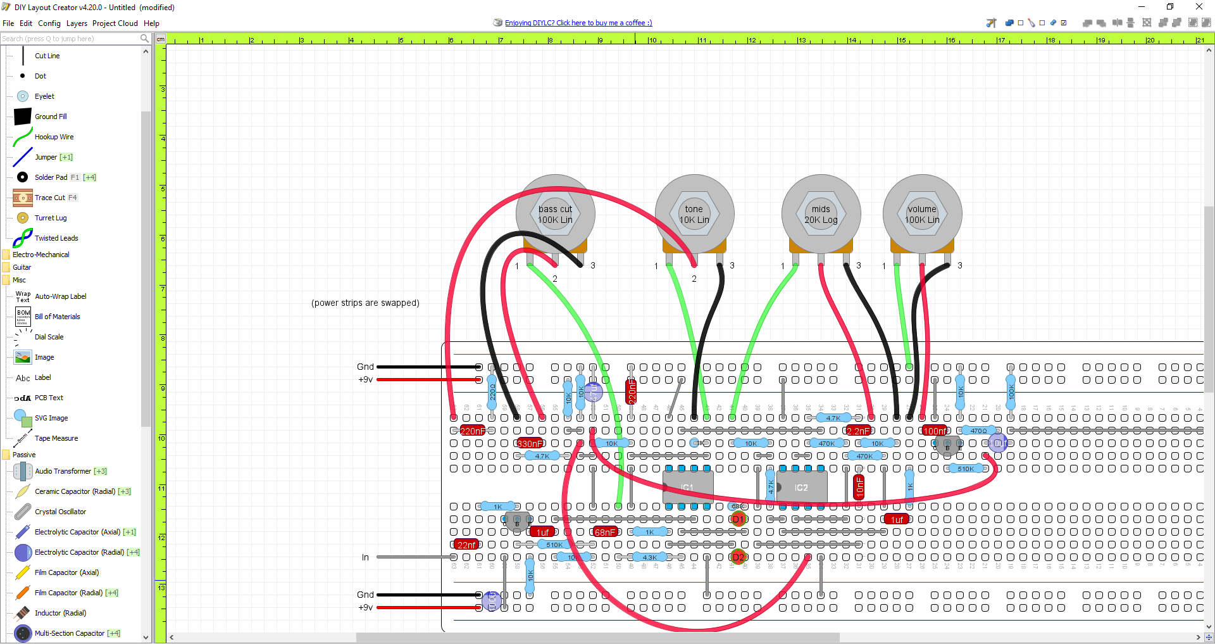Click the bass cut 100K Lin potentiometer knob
[555, 214]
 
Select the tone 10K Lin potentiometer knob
[694, 214]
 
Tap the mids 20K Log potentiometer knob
[821, 214]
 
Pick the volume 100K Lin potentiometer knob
[922, 214]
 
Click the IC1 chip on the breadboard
[688, 488]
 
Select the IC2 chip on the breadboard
[801, 488]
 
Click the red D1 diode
[738, 519]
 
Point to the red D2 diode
[738, 557]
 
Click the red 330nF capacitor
[530, 443]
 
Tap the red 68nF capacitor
[605, 532]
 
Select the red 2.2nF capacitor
[858, 431]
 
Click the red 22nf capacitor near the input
[466, 545]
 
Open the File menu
[8, 23]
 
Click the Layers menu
[77, 23]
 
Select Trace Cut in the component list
[49, 198]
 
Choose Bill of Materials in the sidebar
[57, 317]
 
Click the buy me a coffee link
[578, 23]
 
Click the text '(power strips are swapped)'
[365, 303]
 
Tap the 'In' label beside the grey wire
[365, 557]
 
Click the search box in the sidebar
[70, 39]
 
